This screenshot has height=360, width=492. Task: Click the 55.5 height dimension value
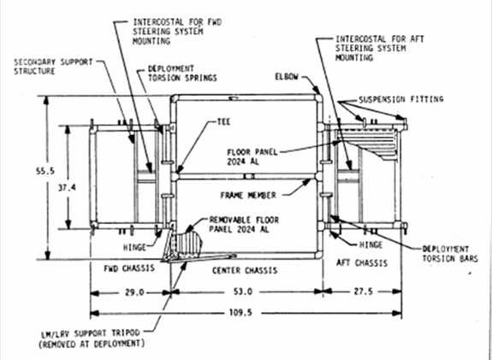tap(45, 171)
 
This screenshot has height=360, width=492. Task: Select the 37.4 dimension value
tap(67, 187)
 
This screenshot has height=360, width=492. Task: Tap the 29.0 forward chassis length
tap(134, 292)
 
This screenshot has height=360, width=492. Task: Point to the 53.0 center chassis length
tap(243, 292)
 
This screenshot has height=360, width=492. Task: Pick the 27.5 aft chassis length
tap(364, 292)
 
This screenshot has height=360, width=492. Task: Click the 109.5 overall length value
tap(240, 313)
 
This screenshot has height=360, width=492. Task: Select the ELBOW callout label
tap(287, 76)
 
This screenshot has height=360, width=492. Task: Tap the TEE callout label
tap(223, 121)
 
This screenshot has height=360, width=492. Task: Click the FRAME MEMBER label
tap(248, 195)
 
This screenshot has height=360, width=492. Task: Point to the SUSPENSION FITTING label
tap(401, 99)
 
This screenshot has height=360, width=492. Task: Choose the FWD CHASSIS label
tap(129, 269)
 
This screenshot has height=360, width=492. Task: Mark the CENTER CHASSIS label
tap(245, 270)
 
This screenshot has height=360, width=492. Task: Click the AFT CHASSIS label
tap(362, 263)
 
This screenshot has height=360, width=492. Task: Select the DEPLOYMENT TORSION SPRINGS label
tap(182, 73)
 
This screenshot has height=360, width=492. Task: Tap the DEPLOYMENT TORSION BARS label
tap(450, 254)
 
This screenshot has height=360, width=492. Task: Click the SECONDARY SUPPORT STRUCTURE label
tap(53, 67)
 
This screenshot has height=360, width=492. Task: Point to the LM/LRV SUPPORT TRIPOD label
tap(92, 339)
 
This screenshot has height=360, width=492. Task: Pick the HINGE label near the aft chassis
tap(370, 245)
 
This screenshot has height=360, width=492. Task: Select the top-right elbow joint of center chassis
tap(318, 97)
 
